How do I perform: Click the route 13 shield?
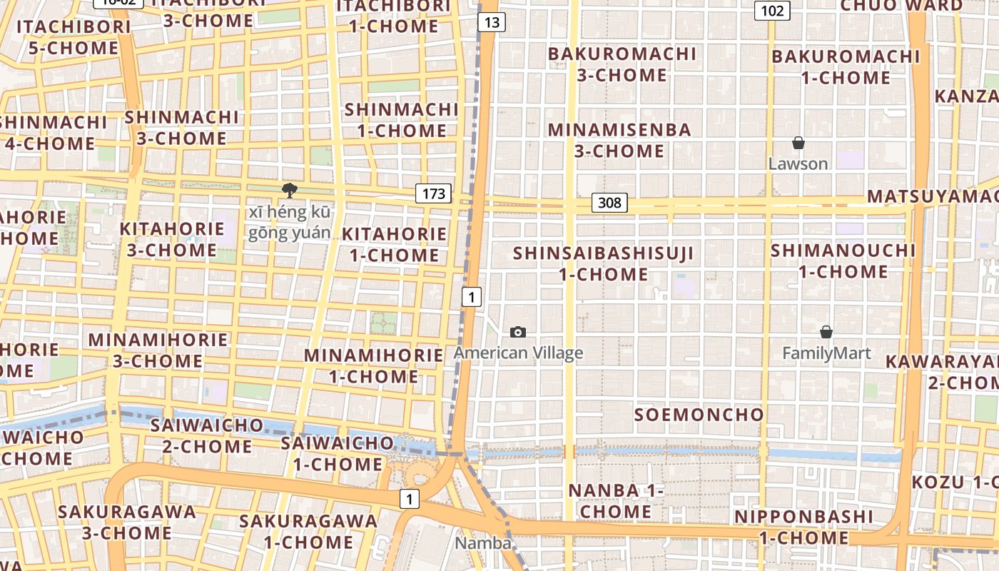click(x=492, y=23)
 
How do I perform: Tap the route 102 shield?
click(x=772, y=10)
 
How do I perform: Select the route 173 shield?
click(x=434, y=193)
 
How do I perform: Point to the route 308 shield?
click(x=609, y=203)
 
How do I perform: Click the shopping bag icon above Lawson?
click(x=798, y=143)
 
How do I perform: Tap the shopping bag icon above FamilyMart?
click(x=826, y=332)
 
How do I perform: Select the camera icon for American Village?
click(x=518, y=332)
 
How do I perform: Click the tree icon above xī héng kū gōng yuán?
click(x=289, y=190)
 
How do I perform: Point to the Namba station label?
click(x=484, y=543)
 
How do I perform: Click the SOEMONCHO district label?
click(x=699, y=415)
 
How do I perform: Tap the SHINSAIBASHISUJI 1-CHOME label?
click(x=604, y=263)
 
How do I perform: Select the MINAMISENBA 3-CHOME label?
click(x=619, y=141)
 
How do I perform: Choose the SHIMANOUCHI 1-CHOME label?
click(x=843, y=261)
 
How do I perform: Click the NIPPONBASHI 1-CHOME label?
click(x=803, y=527)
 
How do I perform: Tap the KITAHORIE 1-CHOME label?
click(x=395, y=244)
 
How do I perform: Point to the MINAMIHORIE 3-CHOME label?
click(x=158, y=350)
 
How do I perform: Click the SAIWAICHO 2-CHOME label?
click(x=207, y=436)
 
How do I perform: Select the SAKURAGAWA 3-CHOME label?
click(x=127, y=522)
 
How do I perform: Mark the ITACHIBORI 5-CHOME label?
click(x=73, y=37)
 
